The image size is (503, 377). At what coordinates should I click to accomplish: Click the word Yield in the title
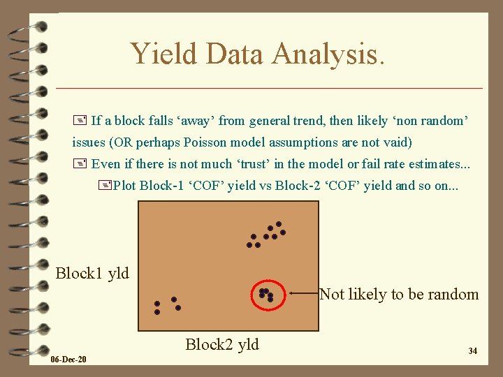(163, 53)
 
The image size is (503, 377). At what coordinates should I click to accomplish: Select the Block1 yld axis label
(92, 273)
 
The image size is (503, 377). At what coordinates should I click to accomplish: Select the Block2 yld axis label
(222, 344)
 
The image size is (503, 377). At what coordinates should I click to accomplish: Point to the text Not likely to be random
(399, 294)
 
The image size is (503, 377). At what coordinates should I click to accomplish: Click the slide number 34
(472, 350)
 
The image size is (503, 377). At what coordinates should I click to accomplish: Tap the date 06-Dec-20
(68, 360)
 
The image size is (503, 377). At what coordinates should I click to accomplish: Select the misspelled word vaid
(396, 142)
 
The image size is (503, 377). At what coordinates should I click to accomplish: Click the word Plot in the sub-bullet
(125, 186)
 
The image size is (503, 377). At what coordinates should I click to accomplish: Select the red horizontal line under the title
(269, 88)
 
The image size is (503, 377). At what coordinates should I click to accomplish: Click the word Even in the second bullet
(106, 164)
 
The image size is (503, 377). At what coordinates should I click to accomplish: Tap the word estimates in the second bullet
(436, 164)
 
